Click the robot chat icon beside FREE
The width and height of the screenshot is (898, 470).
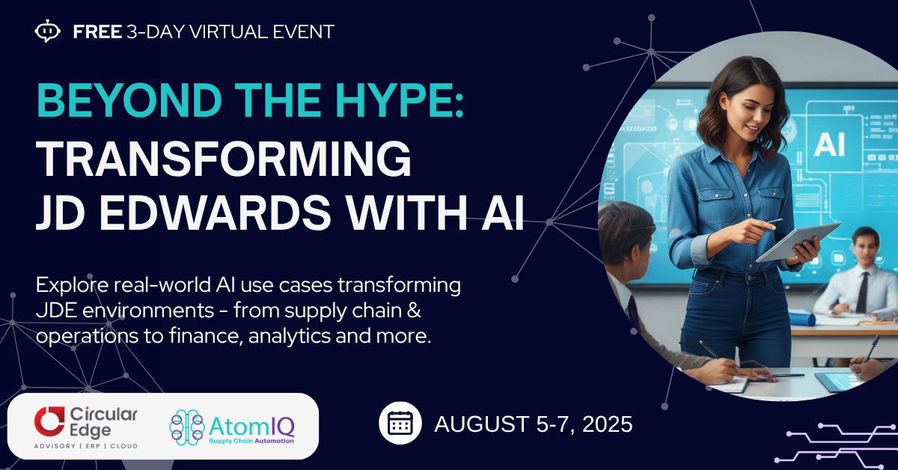tap(48, 31)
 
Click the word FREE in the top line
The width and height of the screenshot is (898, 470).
tap(97, 31)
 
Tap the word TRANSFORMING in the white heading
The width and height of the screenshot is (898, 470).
tap(224, 159)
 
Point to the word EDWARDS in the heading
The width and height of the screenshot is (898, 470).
tap(215, 213)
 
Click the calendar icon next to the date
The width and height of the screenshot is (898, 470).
tap(400, 423)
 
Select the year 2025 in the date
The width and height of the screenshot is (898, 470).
tap(607, 424)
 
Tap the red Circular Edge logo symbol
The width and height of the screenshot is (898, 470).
tap(49, 421)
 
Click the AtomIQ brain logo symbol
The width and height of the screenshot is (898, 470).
tap(187, 427)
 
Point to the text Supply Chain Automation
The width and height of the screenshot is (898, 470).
tap(251, 441)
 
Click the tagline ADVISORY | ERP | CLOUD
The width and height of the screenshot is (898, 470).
tap(86, 446)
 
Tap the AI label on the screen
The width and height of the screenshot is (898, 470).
tap(829, 144)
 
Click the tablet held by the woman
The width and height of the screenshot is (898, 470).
tap(798, 242)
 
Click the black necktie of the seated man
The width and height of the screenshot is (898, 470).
tap(862, 292)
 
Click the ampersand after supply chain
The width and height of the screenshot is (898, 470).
tap(415, 311)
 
